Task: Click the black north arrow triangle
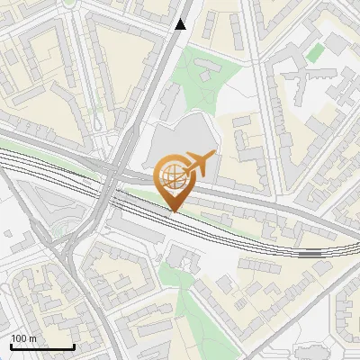pos(181,24)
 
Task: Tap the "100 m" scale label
pos(23,338)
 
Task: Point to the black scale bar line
pos(42,347)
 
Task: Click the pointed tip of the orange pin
pos(175,211)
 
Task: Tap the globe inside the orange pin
pos(172,175)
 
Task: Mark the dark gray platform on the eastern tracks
pos(310,254)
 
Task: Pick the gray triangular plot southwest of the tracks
pos(36,216)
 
